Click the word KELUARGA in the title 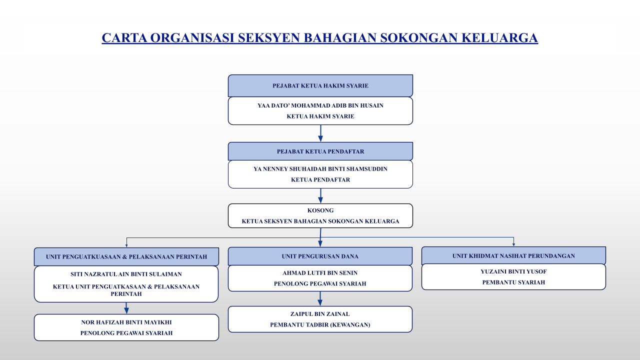(x=499, y=37)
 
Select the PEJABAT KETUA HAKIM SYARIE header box (x=320, y=85)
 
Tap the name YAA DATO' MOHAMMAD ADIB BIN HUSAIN (x=320, y=105)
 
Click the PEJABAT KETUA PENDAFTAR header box (x=320, y=151)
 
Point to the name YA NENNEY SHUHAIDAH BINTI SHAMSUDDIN (x=320, y=169)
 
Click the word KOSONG (x=320, y=210)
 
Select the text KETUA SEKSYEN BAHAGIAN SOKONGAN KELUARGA (x=320, y=221)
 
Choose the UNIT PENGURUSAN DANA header (x=320, y=256)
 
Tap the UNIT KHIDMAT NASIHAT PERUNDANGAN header (x=513, y=255)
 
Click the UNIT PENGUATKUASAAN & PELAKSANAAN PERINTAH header (x=126, y=256)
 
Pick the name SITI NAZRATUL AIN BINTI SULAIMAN (x=126, y=274)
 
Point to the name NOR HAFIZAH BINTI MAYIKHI (x=126, y=322)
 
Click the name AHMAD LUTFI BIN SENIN (x=320, y=273)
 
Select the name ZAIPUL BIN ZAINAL (x=320, y=314)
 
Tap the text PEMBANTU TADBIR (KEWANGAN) (x=320, y=325)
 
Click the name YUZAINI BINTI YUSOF (x=513, y=271)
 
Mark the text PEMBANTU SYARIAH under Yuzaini (x=513, y=282)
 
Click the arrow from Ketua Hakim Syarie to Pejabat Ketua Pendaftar (x=320, y=133)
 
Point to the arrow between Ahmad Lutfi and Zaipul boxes (x=320, y=299)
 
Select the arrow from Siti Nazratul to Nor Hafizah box (x=126, y=308)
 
